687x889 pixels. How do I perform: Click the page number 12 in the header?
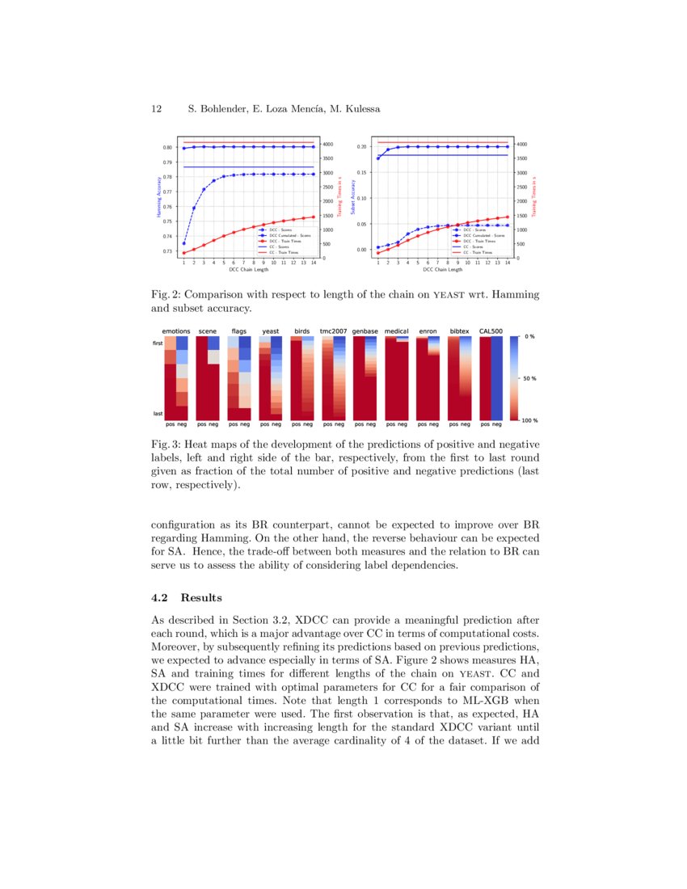(157, 108)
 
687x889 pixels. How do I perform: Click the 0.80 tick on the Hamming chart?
(167, 147)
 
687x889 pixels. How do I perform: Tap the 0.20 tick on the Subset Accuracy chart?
(362, 147)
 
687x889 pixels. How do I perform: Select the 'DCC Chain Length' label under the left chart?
(248, 269)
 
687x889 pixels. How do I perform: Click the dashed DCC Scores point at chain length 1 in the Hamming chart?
(183, 243)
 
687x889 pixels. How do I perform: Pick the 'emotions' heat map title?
(176, 331)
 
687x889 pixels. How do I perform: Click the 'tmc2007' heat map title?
(333, 331)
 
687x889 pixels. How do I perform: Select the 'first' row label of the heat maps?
(158, 343)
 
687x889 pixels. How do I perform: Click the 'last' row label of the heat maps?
(158, 413)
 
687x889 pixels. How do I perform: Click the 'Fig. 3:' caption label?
(166, 444)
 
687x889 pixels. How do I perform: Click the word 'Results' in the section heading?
(201, 598)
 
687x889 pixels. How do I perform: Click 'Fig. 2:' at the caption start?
(166, 295)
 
